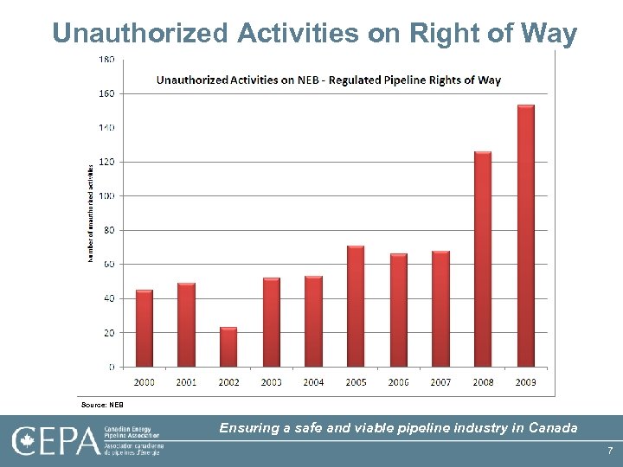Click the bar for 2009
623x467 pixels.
(x=526, y=235)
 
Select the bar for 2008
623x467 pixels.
(x=483, y=259)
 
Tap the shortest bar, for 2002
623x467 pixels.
(x=228, y=347)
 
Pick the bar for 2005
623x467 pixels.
(x=356, y=306)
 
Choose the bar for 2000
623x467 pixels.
(x=145, y=328)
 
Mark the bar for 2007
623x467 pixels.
(x=440, y=309)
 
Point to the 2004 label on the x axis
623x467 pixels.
(x=313, y=381)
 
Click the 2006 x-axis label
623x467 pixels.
(x=398, y=381)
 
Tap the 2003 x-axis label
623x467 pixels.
(x=271, y=381)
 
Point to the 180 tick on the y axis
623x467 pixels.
(x=106, y=59)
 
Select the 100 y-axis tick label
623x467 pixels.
(x=106, y=195)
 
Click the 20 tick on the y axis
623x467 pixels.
(x=109, y=332)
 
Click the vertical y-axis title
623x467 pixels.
(x=90, y=213)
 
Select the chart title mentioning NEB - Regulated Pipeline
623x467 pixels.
(x=328, y=80)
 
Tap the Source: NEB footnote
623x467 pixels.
(x=102, y=404)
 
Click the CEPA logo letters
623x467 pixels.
(x=55, y=441)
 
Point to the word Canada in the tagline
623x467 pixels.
(x=553, y=427)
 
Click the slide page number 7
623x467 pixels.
(x=610, y=451)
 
